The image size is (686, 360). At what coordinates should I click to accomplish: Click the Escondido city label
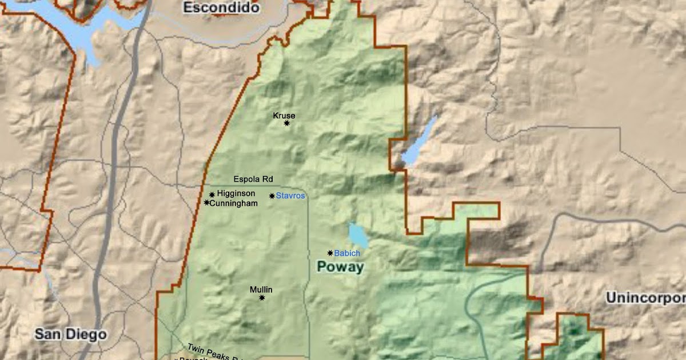coord(221,8)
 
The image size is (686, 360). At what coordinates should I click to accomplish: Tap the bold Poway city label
coord(340,267)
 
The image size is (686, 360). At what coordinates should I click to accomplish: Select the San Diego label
coord(70,334)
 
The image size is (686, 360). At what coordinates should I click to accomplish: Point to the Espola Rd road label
coord(253,179)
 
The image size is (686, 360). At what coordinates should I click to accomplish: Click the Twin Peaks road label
coord(212,353)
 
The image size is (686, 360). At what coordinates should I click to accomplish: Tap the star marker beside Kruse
coord(287,123)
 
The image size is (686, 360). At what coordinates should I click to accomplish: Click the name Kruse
coord(284,115)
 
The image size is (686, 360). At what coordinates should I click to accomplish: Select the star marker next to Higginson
coord(212,194)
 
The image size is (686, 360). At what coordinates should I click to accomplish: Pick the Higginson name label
coord(236,194)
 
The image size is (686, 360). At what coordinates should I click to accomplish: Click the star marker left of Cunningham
coord(206,203)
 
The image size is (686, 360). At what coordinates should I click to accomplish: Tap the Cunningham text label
coord(234,203)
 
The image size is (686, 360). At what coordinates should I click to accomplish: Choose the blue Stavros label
coord(290,196)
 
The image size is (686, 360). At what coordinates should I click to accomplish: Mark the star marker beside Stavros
coord(272,196)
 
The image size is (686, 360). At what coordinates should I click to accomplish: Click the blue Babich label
coord(347,253)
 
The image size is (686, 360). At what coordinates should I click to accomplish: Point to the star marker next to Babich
coord(330,253)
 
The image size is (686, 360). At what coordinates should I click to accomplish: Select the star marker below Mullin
coord(262,298)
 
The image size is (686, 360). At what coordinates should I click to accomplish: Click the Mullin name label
coord(261,290)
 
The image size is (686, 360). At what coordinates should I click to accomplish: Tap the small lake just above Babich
coord(358,235)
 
